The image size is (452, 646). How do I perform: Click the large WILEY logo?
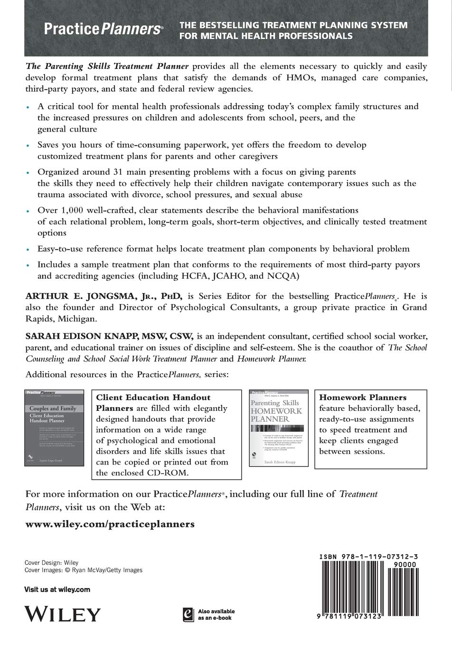click(63, 614)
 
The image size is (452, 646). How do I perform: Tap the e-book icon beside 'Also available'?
click(188, 614)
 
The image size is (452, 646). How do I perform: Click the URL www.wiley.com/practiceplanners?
click(110, 524)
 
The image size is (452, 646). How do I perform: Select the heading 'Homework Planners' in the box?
click(363, 398)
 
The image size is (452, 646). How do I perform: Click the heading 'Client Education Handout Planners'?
click(153, 402)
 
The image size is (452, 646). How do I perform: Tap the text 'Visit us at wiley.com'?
click(57, 589)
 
